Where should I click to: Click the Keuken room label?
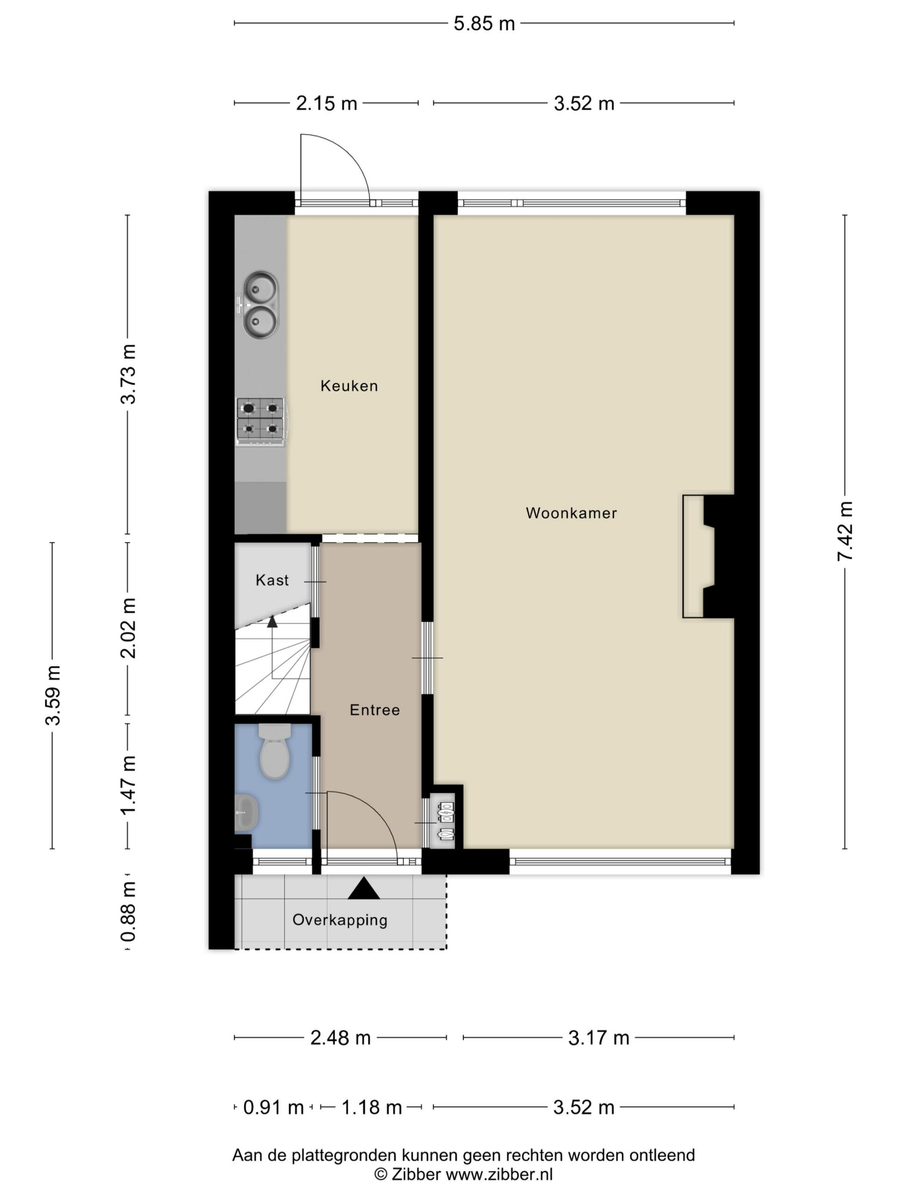click(x=349, y=386)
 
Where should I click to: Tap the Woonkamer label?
click(x=571, y=513)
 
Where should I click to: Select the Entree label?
click(x=375, y=710)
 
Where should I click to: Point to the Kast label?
click(x=272, y=580)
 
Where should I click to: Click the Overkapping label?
click(x=340, y=920)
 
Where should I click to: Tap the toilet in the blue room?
click(x=275, y=751)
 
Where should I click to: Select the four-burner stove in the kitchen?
click(x=261, y=422)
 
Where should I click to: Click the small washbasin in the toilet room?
click(x=246, y=812)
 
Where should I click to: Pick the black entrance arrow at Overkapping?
click(x=363, y=888)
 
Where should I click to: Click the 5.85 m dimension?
click(x=484, y=24)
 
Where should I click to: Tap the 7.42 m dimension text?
click(x=845, y=531)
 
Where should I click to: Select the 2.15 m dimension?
click(x=327, y=103)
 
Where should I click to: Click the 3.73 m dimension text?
click(x=128, y=374)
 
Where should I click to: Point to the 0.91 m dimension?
click(x=273, y=1107)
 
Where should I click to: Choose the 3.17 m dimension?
click(x=598, y=1038)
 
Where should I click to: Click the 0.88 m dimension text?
click(x=128, y=911)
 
